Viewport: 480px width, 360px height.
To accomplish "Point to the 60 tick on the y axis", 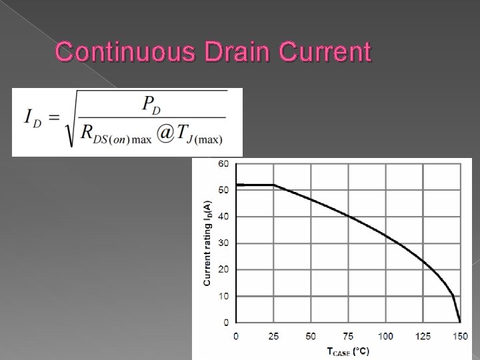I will pyautogui.click(x=223, y=163).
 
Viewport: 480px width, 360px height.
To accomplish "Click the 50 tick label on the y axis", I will pyautogui.click(x=223, y=190).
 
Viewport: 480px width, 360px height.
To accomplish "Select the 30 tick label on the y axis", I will pyautogui.click(x=223, y=243).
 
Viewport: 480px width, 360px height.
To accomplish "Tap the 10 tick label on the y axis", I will pyautogui.click(x=223, y=296).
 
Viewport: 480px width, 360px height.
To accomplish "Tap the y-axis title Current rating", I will pyautogui.click(x=207, y=243).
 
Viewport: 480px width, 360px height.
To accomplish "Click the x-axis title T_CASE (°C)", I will pyautogui.click(x=348, y=350).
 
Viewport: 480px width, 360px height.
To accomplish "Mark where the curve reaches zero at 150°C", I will pyautogui.click(x=460, y=322).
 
